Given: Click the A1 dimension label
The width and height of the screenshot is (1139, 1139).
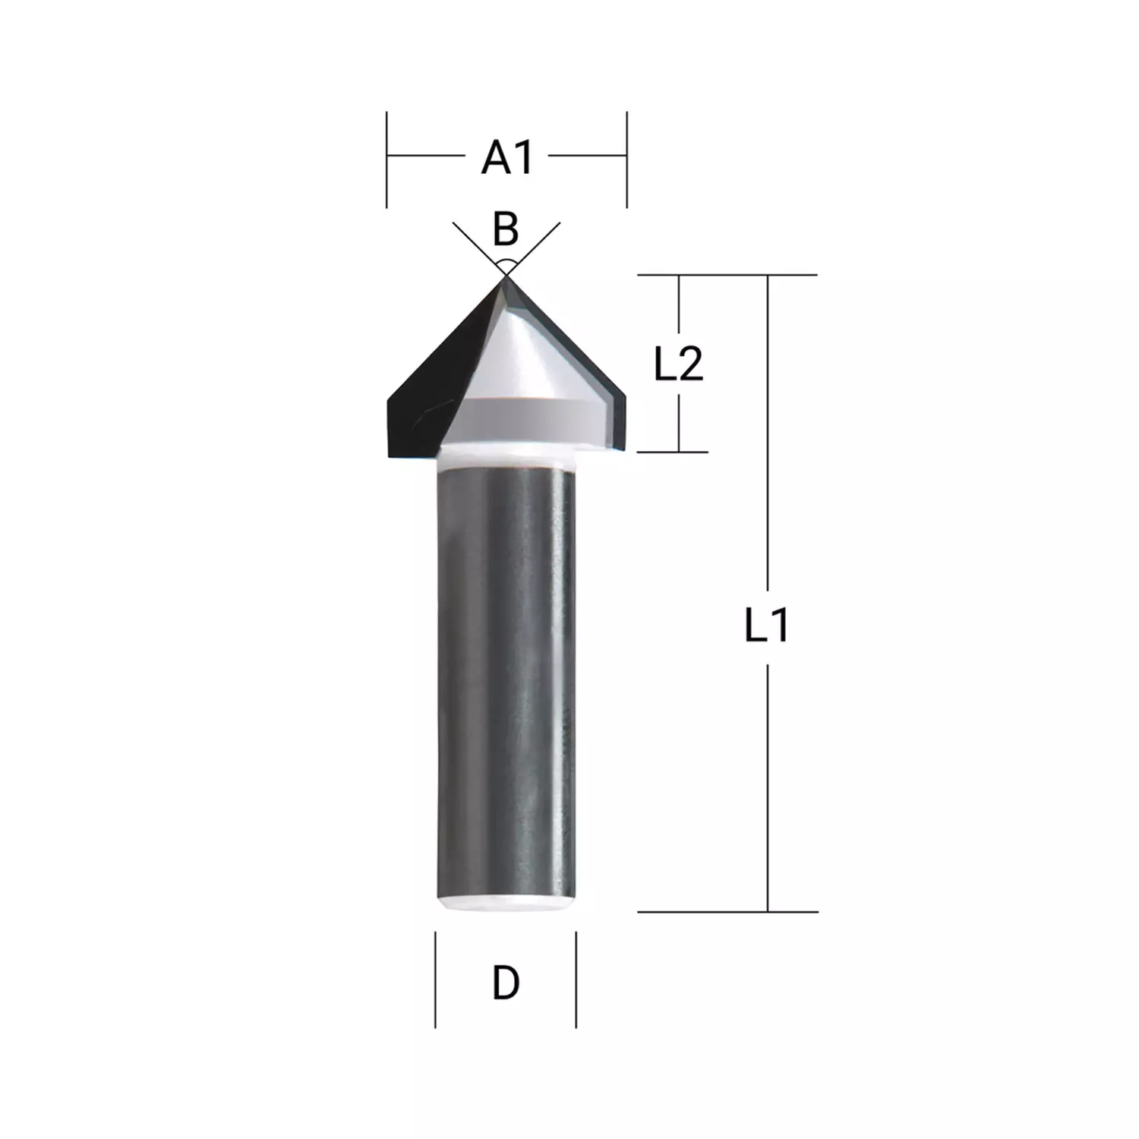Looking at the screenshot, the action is pyautogui.click(x=507, y=158).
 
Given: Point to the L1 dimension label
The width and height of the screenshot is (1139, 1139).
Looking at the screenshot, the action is pyautogui.click(x=767, y=627).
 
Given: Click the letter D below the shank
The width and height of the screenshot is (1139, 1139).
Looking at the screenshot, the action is pyautogui.click(x=506, y=983).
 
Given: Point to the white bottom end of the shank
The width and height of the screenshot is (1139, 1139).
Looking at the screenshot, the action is pyautogui.click(x=506, y=904).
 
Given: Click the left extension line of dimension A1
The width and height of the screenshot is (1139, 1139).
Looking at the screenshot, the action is pyautogui.click(x=387, y=159).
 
